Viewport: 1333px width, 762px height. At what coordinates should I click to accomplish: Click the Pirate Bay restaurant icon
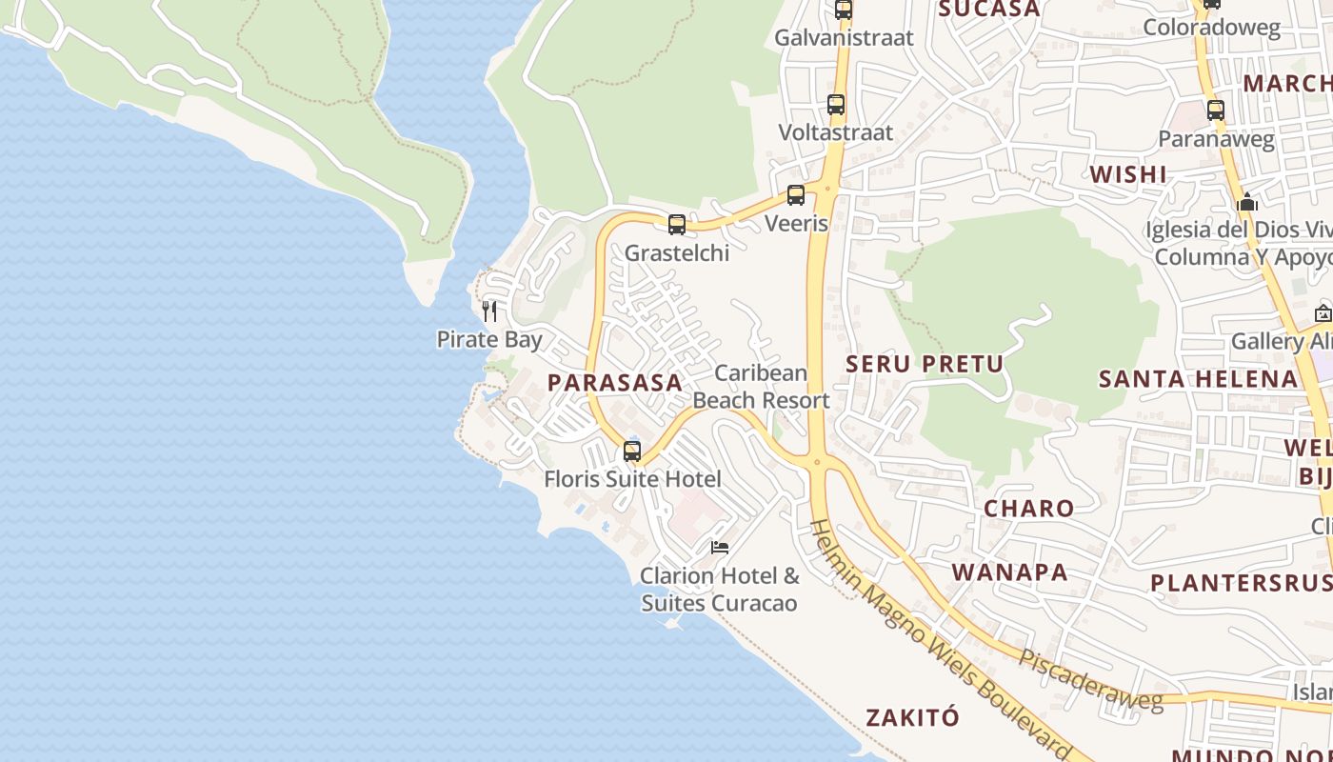(x=489, y=311)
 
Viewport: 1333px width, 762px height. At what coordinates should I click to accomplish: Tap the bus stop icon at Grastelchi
(x=677, y=225)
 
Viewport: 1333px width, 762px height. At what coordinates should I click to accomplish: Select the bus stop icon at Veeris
(x=796, y=195)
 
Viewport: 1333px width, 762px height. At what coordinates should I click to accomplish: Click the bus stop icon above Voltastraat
(x=836, y=105)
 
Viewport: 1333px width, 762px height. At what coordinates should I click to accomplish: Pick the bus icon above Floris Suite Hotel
(x=632, y=451)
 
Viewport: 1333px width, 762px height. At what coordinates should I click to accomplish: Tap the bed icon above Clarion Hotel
(x=720, y=548)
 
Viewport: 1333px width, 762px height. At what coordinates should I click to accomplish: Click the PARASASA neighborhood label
(x=615, y=383)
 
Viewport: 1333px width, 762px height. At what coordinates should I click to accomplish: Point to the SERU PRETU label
(x=925, y=364)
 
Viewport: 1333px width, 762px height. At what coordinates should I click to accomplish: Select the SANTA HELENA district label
(x=1199, y=379)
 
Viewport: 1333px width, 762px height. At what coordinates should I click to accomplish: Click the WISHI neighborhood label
(x=1128, y=174)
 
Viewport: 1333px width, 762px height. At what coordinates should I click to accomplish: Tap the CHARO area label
(x=1029, y=509)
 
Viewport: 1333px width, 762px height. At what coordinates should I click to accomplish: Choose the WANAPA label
(x=1010, y=572)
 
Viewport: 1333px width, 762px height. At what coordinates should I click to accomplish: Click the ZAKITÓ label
(x=913, y=717)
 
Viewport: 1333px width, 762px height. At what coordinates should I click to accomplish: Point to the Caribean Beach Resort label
(x=762, y=387)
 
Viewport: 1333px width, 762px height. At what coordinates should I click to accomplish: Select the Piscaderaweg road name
(x=1091, y=680)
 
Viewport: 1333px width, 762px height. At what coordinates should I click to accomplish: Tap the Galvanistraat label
(x=844, y=38)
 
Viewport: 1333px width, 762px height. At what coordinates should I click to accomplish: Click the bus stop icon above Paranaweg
(x=1216, y=110)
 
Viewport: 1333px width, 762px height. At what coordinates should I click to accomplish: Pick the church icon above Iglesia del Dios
(x=1247, y=202)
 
